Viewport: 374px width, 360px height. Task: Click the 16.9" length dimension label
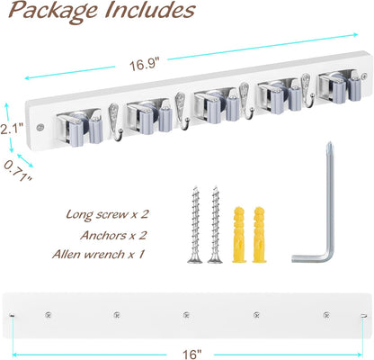(x=144, y=65)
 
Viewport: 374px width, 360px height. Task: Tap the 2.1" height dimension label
(x=12, y=130)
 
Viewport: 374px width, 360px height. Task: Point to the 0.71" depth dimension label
(x=19, y=170)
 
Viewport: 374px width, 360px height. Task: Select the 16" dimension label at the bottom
(x=191, y=355)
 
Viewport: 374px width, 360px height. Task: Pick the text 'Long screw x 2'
(x=107, y=215)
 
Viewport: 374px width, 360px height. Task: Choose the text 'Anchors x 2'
(x=113, y=235)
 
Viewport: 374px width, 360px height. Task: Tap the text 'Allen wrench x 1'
(x=98, y=255)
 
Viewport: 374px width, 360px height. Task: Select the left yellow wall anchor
(x=239, y=235)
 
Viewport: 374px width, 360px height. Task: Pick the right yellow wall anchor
(x=259, y=235)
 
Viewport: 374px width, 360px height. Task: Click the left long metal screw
(x=195, y=224)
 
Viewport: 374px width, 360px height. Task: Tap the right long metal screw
(x=215, y=224)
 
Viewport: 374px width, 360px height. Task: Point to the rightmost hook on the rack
(x=307, y=90)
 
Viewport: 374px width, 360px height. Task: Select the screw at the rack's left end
(x=40, y=127)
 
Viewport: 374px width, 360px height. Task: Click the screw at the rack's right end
(x=364, y=76)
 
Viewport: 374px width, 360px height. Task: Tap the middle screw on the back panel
(x=186, y=315)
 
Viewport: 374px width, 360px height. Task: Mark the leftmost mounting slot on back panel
(x=12, y=315)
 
